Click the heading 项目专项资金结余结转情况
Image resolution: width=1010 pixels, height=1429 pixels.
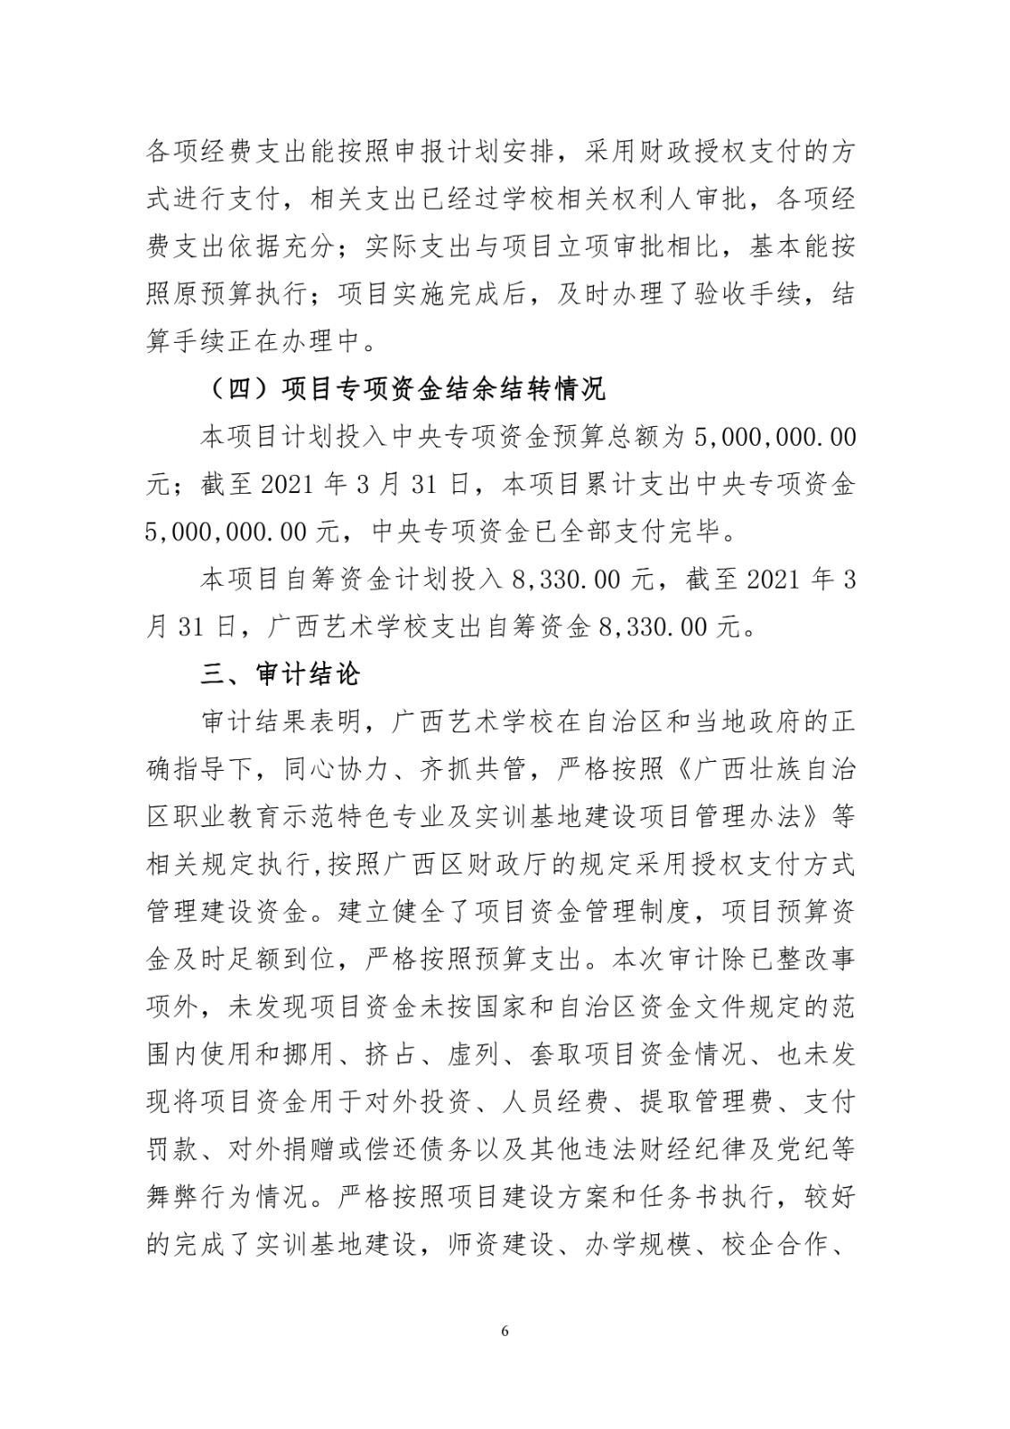443,389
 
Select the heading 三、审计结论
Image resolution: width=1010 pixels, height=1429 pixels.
280,673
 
